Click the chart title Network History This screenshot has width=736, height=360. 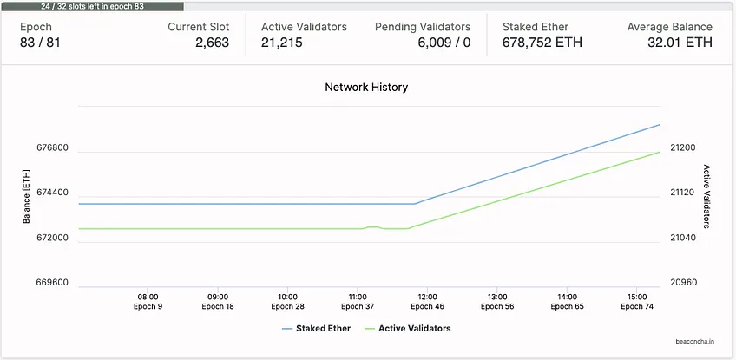pyautogui.click(x=366, y=88)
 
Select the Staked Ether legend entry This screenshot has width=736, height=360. pyautogui.click(x=316, y=329)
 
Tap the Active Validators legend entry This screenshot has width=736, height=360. pyautogui.click(x=407, y=329)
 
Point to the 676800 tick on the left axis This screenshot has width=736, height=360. pyautogui.click(x=53, y=148)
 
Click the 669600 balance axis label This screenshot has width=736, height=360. pyautogui.click(x=53, y=283)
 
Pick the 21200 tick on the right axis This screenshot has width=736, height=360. pyautogui.click(x=683, y=148)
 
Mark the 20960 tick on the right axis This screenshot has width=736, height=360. pyautogui.click(x=683, y=283)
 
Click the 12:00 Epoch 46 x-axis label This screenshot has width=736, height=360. pyautogui.click(x=428, y=302)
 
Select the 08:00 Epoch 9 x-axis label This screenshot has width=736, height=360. pyautogui.click(x=148, y=302)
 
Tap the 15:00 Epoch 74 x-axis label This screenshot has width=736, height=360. pyautogui.click(x=637, y=302)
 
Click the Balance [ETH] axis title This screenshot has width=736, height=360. pyautogui.click(x=26, y=196)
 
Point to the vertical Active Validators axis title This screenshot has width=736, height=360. pyautogui.click(x=706, y=196)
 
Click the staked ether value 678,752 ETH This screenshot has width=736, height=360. pyautogui.click(x=542, y=43)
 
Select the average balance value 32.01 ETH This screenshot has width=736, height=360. pyautogui.click(x=680, y=43)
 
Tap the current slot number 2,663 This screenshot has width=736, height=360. pyautogui.click(x=212, y=43)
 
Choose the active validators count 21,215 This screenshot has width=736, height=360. pyautogui.click(x=281, y=43)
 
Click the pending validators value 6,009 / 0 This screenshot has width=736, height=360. pyautogui.click(x=444, y=43)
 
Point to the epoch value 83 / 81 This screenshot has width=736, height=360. pyautogui.click(x=40, y=43)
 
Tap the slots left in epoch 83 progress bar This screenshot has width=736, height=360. pyautogui.click(x=92, y=7)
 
